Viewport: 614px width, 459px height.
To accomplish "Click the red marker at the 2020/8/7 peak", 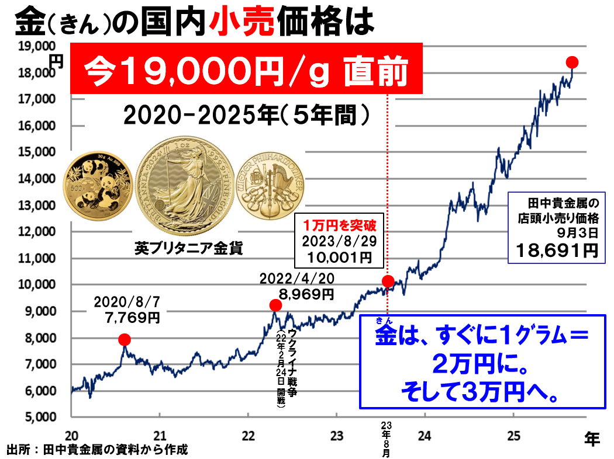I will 124,339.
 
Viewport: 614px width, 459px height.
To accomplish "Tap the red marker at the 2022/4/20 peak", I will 275,305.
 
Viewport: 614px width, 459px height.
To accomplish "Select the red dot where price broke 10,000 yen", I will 387,281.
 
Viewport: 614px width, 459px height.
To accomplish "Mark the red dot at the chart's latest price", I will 572,62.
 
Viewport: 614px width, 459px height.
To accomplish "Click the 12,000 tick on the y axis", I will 41,232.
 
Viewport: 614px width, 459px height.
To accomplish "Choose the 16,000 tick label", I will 41,126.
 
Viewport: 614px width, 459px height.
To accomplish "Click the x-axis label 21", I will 160,435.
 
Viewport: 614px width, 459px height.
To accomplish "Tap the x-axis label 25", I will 512,435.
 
